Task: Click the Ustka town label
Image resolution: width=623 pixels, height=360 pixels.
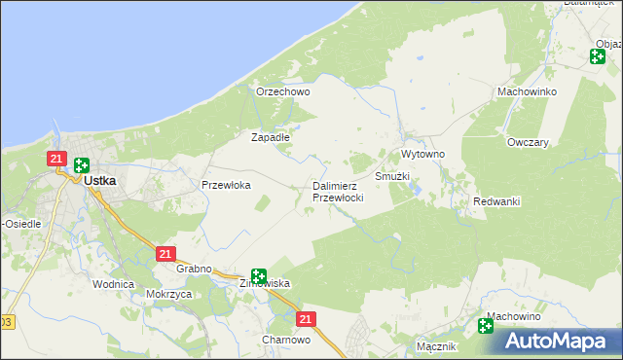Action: (x=100, y=180)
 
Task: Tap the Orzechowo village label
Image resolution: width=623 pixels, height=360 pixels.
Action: (x=282, y=91)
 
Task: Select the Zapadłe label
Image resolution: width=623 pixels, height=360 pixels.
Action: (x=271, y=137)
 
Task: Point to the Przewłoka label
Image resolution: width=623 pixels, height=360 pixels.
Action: (x=226, y=184)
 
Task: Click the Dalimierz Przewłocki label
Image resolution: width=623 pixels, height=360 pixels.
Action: (x=338, y=192)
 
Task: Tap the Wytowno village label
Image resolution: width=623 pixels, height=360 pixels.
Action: (x=422, y=155)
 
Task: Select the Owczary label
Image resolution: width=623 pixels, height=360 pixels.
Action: (x=528, y=141)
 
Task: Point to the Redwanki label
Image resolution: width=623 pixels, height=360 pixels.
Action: (x=496, y=201)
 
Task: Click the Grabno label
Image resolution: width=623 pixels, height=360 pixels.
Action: (x=195, y=270)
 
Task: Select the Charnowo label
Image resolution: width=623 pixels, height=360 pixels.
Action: (x=286, y=340)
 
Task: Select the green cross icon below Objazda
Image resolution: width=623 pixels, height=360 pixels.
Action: (x=597, y=56)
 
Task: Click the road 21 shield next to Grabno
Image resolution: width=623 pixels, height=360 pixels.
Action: (x=165, y=254)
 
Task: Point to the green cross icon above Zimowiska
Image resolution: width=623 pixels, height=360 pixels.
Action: (x=258, y=276)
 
